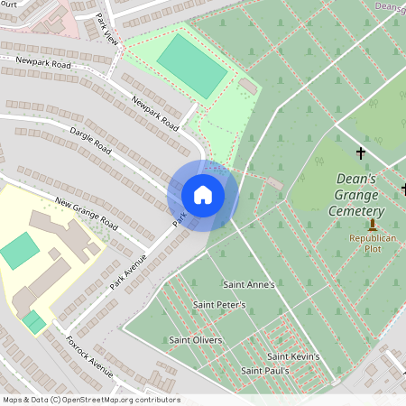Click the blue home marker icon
203,195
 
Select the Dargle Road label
89,140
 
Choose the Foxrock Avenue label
89,356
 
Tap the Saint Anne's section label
248,283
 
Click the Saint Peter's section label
219,305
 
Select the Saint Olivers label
196,340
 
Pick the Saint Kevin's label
293,356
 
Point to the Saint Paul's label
264,371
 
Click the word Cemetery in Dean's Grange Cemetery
362,209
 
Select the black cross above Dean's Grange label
361,153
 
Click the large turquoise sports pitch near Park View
191,65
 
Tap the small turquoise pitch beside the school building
20,250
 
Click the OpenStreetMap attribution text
90,400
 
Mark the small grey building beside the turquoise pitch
247,85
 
